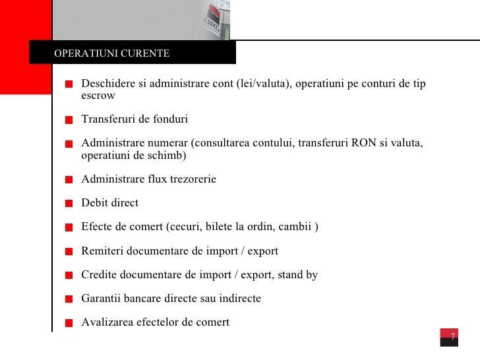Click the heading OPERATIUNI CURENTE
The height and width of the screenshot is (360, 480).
[x=111, y=53]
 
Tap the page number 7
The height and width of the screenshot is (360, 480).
[x=453, y=337]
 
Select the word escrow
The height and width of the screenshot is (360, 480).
[x=98, y=96]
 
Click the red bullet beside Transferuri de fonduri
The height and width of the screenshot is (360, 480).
[x=69, y=120]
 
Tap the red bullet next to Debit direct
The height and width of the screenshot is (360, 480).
[x=69, y=204]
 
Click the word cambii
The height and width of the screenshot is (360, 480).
[x=295, y=227]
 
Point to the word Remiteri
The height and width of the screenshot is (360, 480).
[x=102, y=251]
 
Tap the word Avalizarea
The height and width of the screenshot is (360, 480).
[x=107, y=322]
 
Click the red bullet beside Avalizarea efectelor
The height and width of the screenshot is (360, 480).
[x=69, y=322]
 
